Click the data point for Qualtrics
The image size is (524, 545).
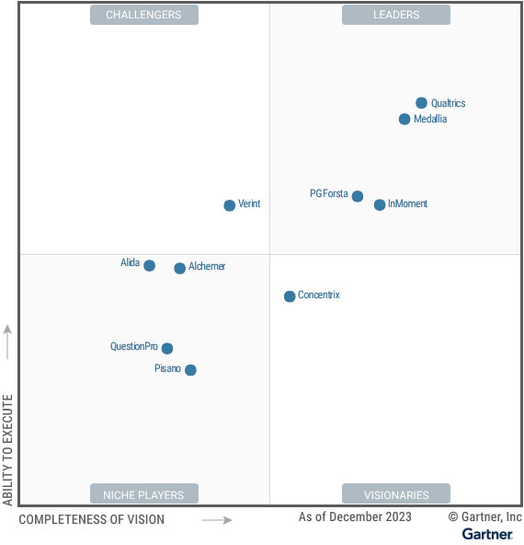click(421, 103)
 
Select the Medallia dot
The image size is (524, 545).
click(404, 119)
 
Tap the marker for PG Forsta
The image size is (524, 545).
click(358, 196)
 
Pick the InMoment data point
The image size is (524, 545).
click(380, 204)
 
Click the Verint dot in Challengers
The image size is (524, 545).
click(230, 205)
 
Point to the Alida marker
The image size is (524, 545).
click(150, 266)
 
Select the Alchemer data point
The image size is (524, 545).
click(180, 268)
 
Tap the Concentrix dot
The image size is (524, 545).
click(290, 296)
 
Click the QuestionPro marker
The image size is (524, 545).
click(167, 348)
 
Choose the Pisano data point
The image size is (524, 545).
click(190, 370)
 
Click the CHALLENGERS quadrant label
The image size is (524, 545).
click(143, 15)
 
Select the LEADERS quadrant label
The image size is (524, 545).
click(396, 15)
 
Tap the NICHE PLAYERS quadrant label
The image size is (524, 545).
click(143, 494)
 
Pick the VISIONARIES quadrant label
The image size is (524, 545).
click(396, 494)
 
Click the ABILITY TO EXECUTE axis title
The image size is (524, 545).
click(8, 450)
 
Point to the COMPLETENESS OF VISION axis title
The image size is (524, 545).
click(92, 520)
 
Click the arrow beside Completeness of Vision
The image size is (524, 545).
click(217, 520)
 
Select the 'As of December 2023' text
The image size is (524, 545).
click(355, 517)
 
